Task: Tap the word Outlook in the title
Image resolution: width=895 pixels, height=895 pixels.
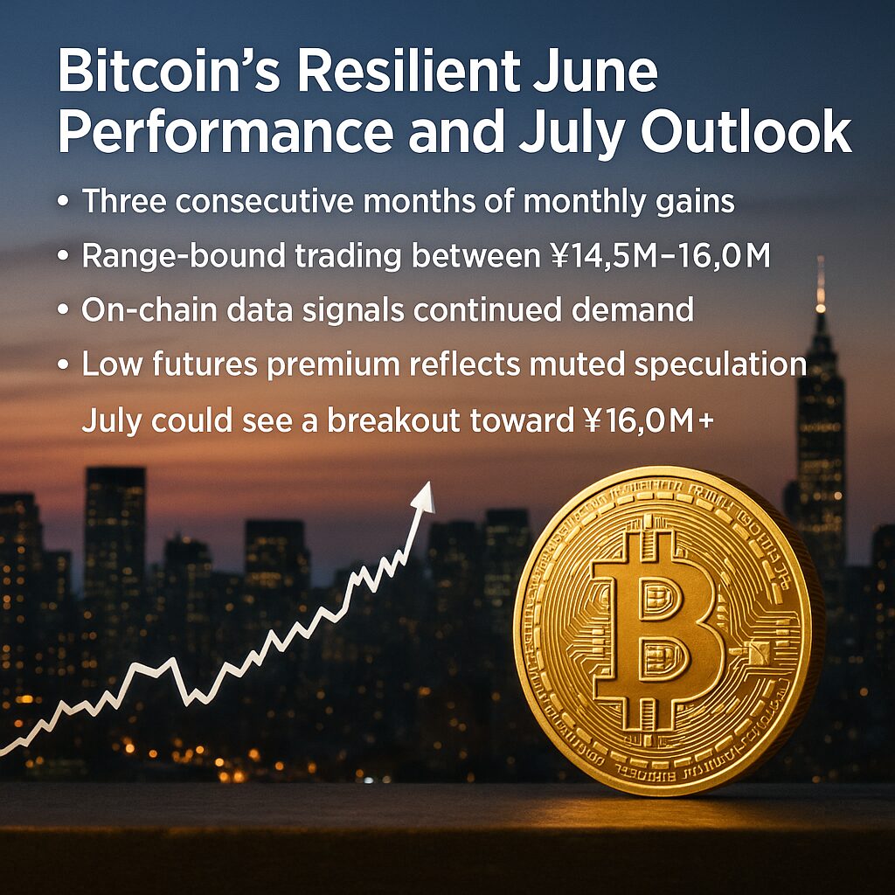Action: pos(746,133)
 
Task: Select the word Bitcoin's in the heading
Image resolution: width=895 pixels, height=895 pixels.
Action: pos(169,72)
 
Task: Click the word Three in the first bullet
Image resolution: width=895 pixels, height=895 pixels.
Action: pos(124,201)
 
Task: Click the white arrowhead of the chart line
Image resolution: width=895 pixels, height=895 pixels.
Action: pos(424,496)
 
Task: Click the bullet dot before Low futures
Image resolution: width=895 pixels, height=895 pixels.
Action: pos(63,364)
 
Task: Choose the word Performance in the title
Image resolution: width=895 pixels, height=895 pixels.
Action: pos(226,133)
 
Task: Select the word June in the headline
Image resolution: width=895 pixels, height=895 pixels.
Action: pos(596,72)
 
